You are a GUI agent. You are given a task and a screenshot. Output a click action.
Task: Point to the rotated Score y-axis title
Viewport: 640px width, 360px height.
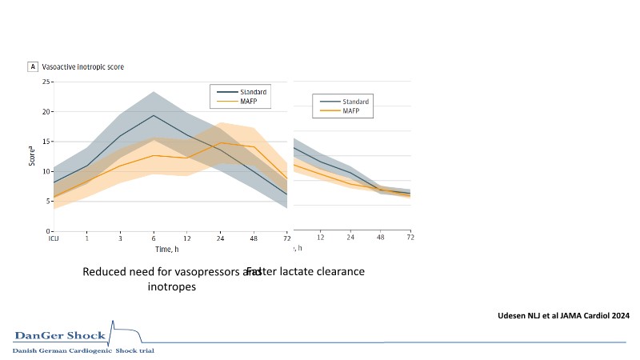click(33, 156)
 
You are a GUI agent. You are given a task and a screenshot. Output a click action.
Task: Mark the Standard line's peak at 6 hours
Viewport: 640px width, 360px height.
click(154, 115)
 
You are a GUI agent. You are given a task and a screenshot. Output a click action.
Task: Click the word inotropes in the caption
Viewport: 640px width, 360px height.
click(171, 287)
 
